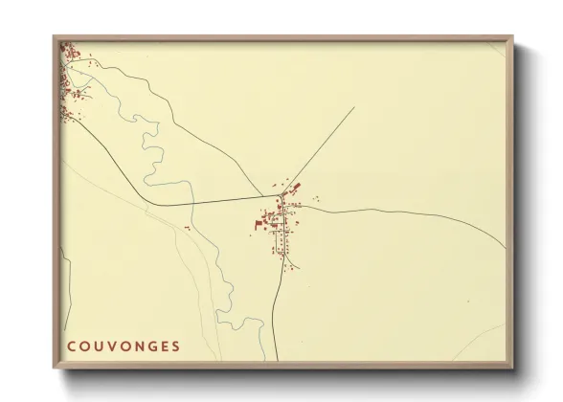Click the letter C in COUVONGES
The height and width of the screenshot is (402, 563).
[72, 345]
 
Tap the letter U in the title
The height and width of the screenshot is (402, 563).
[100, 345]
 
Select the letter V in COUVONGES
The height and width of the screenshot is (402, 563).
[113, 345]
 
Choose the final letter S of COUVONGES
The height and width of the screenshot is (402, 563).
[177, 345]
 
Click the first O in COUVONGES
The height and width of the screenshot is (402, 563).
[85, 345]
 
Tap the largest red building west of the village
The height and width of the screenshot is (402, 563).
[258, 225]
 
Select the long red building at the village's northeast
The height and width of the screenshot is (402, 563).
[296, 186]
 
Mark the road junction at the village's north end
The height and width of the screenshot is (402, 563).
[281, 196]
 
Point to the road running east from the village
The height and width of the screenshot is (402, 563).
[402, 210]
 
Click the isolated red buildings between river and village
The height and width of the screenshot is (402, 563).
[187, 228]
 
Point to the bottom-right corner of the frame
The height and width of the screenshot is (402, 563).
[509, 366]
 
